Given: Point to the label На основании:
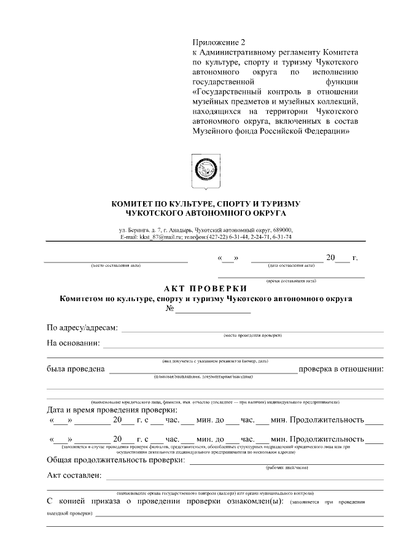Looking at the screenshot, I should (x=73, y=343).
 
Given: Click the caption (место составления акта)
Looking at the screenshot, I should (x=116, y=266).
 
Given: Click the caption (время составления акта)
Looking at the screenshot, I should (x=291, y=280).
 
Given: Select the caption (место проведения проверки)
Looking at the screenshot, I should (x=252, y=335).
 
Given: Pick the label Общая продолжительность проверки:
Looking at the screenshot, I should (x=115, y=460).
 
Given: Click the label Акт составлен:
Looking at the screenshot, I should (x=76, y=475).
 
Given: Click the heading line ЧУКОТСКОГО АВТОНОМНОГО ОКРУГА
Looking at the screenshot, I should (x=205, y=213).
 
